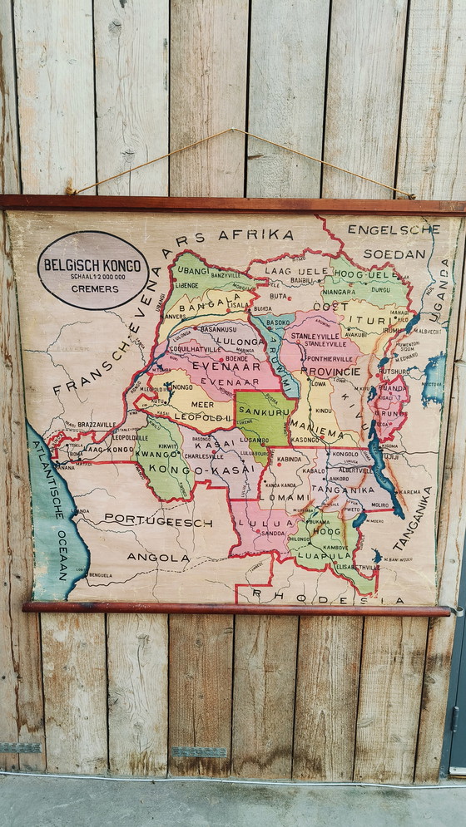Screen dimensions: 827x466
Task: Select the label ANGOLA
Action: point(158,557)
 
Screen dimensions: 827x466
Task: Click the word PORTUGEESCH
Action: point(158,521)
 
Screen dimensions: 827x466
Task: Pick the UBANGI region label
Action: point(192,270)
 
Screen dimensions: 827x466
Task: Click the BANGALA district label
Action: point(197,306)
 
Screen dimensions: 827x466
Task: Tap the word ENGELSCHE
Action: point(393,229)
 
